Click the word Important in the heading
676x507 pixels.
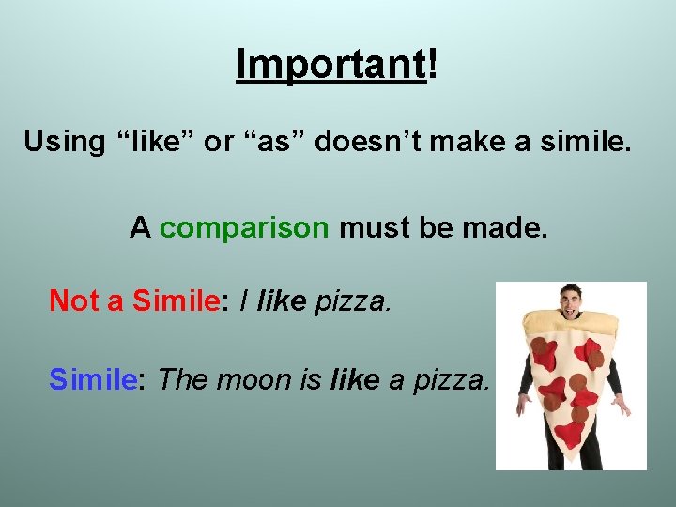[330, 64]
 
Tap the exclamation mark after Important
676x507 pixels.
[433, 64]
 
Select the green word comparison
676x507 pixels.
[244, 228]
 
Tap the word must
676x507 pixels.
[372, 228]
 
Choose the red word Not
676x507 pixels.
[73, 300]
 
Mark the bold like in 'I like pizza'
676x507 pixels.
[281, 300]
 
